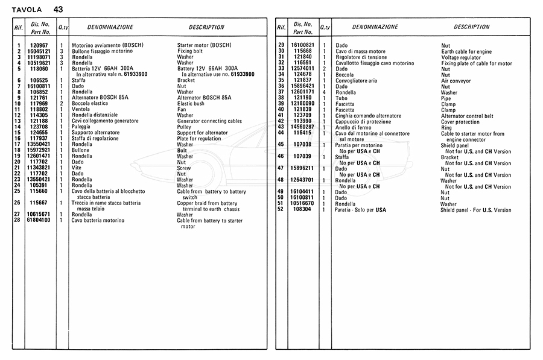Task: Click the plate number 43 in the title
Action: pyautogui.click(x=57, y=10)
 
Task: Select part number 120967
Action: pyautogui.click(x=39, y=45)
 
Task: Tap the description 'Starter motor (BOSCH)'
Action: pyautogui.click(x=204, y=45)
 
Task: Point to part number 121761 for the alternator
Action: pyautogui.click(x=39, y=98)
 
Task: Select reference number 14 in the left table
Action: pyautogui.click(x=18, y=127)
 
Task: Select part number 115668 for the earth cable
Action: pyautogui.click(x=302, y=51)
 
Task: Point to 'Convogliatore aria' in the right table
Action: pyautogui.click(x=356, y=81)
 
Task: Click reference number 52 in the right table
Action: pyautogui.click(x=281, y=210)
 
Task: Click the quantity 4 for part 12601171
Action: pyautogui.click(x=325, y=92)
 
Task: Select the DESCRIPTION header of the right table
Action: pyautogui.click(x=471, y=27)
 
